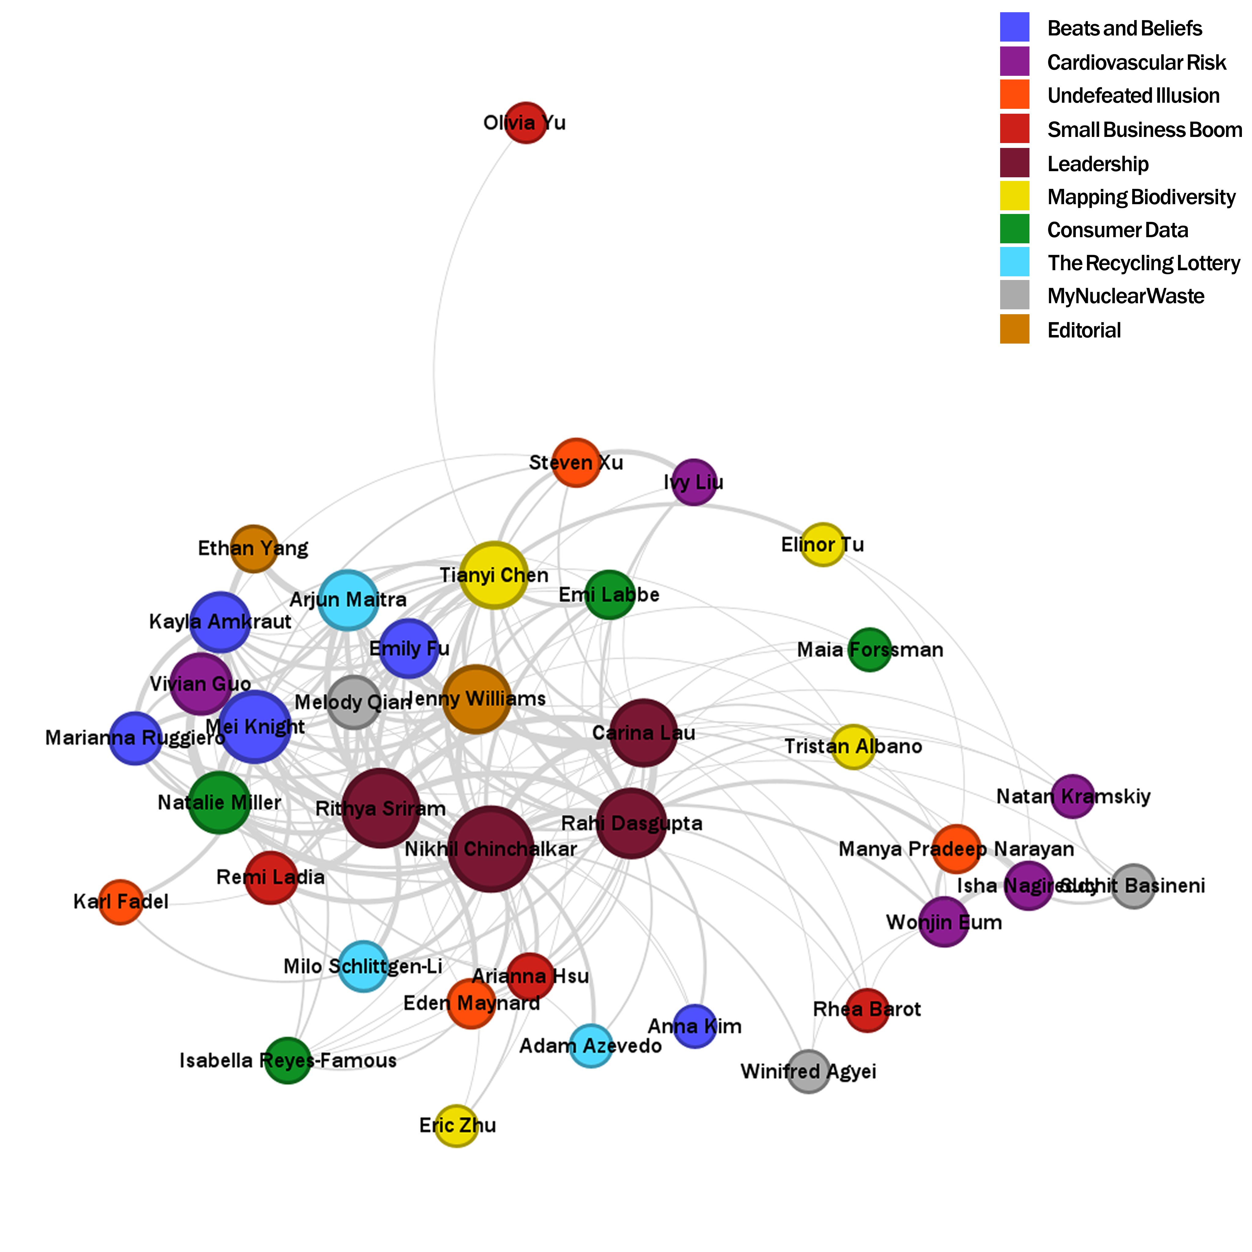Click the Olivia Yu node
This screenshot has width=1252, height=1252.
(525, 123)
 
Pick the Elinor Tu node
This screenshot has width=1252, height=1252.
(822, 544)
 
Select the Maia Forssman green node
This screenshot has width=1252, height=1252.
(870, 649)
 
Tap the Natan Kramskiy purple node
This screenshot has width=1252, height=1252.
(1073, 796)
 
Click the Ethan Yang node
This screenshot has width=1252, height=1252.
(253, 548)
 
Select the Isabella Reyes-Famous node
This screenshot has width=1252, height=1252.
(288, 1060)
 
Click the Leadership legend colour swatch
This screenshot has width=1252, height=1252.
(1014, 163)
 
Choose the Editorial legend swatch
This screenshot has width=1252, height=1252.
(1014, 329)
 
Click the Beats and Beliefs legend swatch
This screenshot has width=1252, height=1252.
(1014, 27)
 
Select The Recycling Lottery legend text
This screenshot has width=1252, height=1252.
(1143, 263)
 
